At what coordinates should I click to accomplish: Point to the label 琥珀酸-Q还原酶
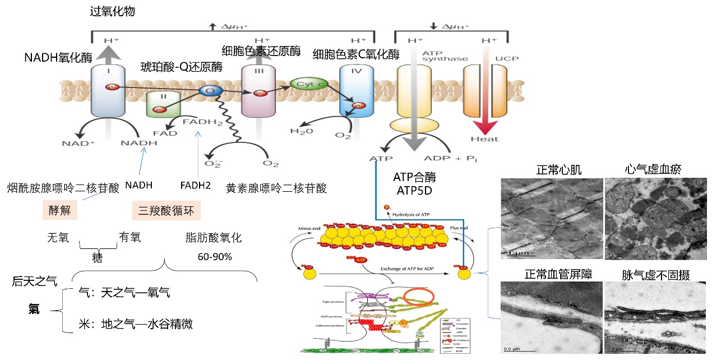point(181,67)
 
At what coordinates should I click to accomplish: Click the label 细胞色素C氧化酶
point(355,54)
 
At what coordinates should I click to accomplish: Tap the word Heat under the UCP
point(483,139)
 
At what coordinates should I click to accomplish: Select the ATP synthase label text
point(437,56)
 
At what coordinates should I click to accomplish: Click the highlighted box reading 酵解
point(59,211)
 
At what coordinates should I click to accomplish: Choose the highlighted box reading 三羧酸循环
point(166,211)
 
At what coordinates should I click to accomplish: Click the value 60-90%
point(215,257)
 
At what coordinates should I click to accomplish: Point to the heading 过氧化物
point(112,11)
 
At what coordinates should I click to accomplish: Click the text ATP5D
point(414,191)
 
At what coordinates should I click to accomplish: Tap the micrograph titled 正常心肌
point(550,218)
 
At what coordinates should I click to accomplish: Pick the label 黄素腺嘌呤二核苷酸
point(276,187)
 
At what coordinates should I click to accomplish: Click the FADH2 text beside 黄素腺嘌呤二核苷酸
point(196,185)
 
